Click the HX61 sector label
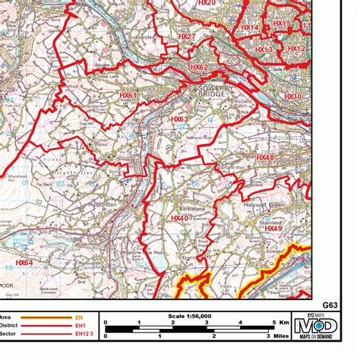coord(128,95)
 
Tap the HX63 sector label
coord(180,119)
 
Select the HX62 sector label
coord(199,67)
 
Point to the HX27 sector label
coord(187,36)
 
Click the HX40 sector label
coord(179,218)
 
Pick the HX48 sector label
coord(265,158)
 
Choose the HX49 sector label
coord(274,229)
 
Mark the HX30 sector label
coord(292,96)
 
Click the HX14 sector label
coord(249,28)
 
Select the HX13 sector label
coord(264,49)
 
